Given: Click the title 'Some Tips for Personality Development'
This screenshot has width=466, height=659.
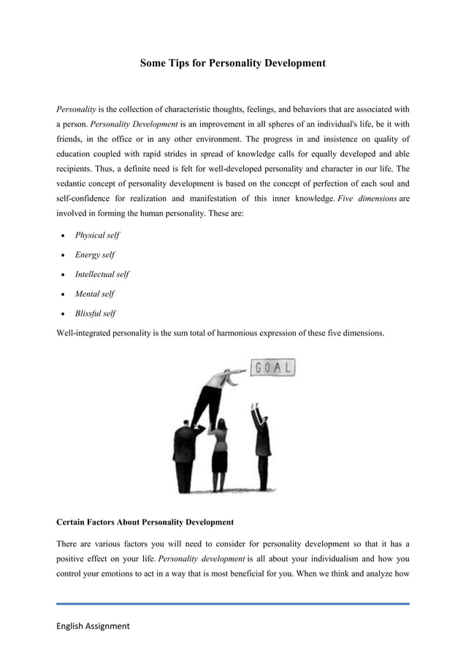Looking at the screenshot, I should click(232, 64).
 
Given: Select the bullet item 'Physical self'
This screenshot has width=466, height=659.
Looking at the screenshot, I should click(97, 235).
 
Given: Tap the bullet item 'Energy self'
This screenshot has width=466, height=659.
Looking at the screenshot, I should click(94, 255).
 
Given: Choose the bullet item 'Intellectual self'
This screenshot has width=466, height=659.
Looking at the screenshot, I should click(102, 275).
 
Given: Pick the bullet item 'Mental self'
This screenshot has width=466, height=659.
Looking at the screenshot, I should click(94, 294).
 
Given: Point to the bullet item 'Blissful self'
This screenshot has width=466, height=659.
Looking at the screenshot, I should click(95, 313).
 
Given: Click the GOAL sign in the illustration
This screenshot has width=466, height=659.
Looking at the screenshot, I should click(272, 368).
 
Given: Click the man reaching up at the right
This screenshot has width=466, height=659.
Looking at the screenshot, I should click(261, 446).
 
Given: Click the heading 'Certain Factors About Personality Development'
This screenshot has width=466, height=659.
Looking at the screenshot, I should click(145, 522).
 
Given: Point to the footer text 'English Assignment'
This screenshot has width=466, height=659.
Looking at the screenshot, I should click(93, 626).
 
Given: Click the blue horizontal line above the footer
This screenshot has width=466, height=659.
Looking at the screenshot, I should click(232, 603).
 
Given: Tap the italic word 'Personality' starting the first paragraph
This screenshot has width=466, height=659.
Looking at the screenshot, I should click(76, 110).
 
